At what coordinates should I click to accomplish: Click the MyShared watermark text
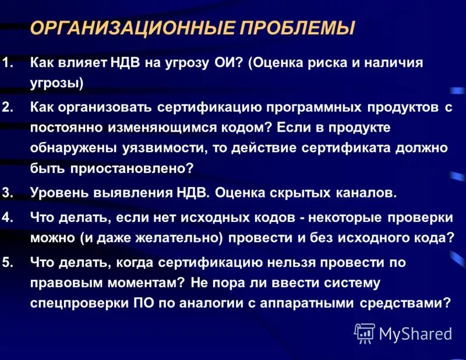415,334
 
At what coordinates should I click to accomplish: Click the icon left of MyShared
364,333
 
